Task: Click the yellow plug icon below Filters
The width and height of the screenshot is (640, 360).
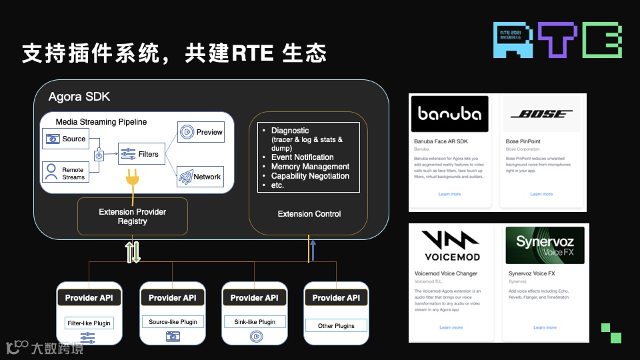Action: click(x=133, y=181)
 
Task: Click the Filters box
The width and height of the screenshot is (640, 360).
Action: click(x=140, y=154)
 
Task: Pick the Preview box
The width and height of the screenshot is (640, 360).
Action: click(x=201, y=132)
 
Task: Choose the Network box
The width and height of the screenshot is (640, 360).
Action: click(x=201, y=177)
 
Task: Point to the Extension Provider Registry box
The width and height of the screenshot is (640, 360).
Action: click(x=132, y=217)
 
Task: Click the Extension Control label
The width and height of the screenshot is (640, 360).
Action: click(x=309, y=214)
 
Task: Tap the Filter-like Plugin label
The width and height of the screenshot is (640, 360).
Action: click(x=89, y=323)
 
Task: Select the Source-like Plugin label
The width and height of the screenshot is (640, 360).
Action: click(x=173, y=322)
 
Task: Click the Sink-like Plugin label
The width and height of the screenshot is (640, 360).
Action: click(x=255, y=322)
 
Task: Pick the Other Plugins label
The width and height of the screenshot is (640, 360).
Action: click(x=336, y=326)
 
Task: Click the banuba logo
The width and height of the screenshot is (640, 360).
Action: click(x=449, y=114)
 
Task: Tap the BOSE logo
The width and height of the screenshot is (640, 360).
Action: click(x=541, y=114)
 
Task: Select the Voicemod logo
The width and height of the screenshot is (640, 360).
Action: click(x=449, y=245)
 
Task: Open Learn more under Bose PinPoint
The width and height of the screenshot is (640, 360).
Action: click(x=541, y=194)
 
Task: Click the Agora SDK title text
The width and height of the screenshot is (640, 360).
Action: click(x=79, y=97)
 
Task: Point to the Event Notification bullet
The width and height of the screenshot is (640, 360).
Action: click(x=302, y=157)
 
